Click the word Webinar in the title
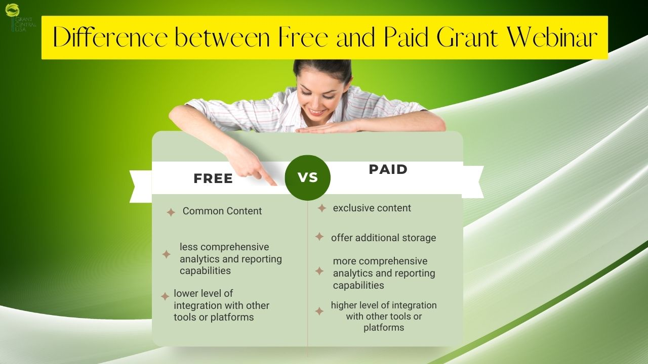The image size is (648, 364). point(552,37)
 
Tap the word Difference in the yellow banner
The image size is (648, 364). point(110,37)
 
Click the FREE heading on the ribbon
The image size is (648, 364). point(213,178)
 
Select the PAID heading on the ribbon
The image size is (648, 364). point(388,169)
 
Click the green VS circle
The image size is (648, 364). point(307,177)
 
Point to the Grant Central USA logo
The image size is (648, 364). point(20,17)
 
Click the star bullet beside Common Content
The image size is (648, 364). point(171,212)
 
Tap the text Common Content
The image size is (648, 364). point(222,211)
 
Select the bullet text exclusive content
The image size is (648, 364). point(372,208)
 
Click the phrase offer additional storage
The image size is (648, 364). point(384,238)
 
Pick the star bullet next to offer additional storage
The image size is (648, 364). point(319,237)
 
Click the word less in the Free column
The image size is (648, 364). point(189,247)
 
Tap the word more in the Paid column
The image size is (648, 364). point(344,261)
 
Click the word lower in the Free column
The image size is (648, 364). point(187,293)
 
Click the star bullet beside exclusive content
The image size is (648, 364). point(321,208)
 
